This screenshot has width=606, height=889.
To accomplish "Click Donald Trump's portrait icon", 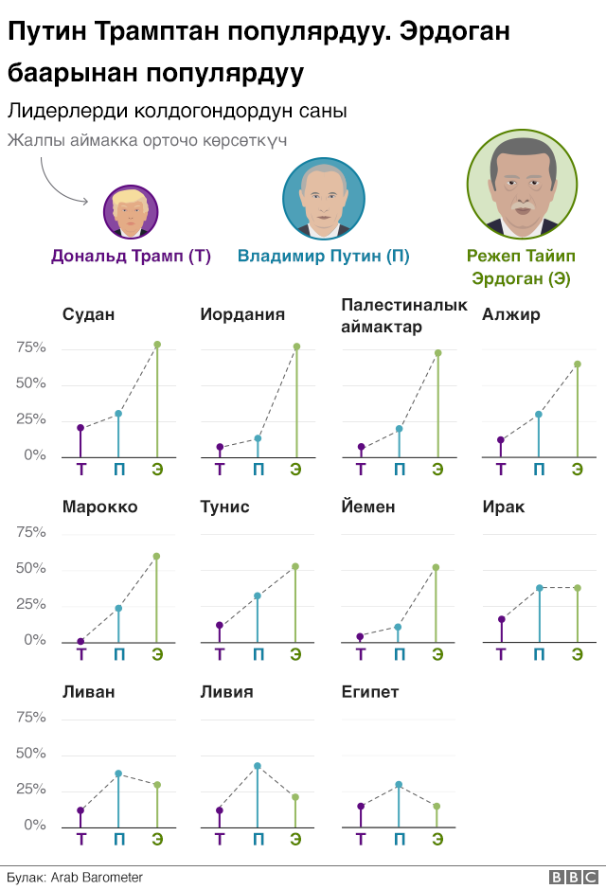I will [x=131, y=211].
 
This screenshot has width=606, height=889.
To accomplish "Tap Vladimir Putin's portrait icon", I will [x=324, y=198].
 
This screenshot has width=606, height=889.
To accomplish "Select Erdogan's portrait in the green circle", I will [x=523, y=184].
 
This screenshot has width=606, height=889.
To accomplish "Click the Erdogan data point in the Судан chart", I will [x=157, y=345].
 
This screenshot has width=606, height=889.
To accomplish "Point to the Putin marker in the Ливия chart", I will [x=258, y=766].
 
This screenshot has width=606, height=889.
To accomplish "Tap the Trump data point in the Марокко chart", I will [x=80, y=642].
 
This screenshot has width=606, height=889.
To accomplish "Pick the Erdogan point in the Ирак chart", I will [x=578, y=588].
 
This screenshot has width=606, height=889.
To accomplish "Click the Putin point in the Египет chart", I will [x=399, y=785].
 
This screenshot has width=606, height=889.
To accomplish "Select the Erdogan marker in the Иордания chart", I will [x=296, y=347].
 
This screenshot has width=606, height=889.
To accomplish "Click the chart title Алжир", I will [x=511, y=314].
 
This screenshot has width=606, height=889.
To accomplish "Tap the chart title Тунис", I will [x=225, y=507].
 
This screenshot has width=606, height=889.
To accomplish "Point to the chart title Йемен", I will [x=365, y=507].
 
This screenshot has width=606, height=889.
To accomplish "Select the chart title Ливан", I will [x=88, y=692].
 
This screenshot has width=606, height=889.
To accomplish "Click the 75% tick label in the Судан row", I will [x=31, y=348].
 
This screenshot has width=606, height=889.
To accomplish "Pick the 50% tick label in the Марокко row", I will [x=31, y=569].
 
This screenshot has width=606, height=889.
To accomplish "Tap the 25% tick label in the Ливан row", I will [x=31, y=790].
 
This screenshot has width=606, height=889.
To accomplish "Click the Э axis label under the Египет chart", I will [x=437, y=838].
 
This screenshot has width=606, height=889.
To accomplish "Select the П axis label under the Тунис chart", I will [x=258, y=653].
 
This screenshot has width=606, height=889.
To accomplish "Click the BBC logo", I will [x=571, y=878].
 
